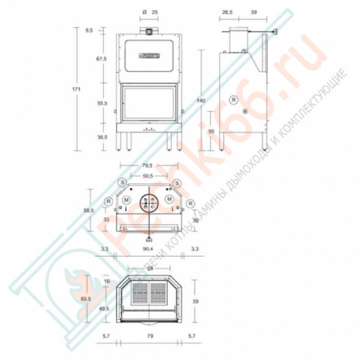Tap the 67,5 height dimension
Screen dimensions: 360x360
point(102,60)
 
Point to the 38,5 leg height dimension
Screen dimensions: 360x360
point(102,138)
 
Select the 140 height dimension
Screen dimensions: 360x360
point(200,101)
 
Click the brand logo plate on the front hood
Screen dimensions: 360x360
point(148,56)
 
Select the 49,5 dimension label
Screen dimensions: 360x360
point(103,309)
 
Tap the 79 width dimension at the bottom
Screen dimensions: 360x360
point(148,336)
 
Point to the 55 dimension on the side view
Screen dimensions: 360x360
point(211,131)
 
